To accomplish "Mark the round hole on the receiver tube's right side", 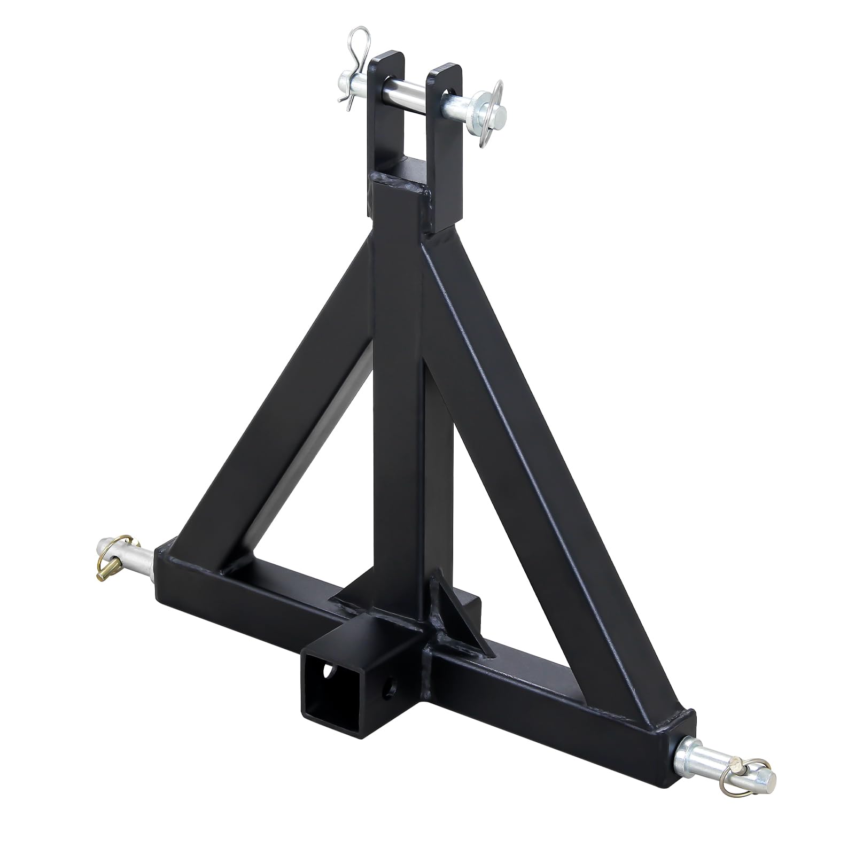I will [393, 682].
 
